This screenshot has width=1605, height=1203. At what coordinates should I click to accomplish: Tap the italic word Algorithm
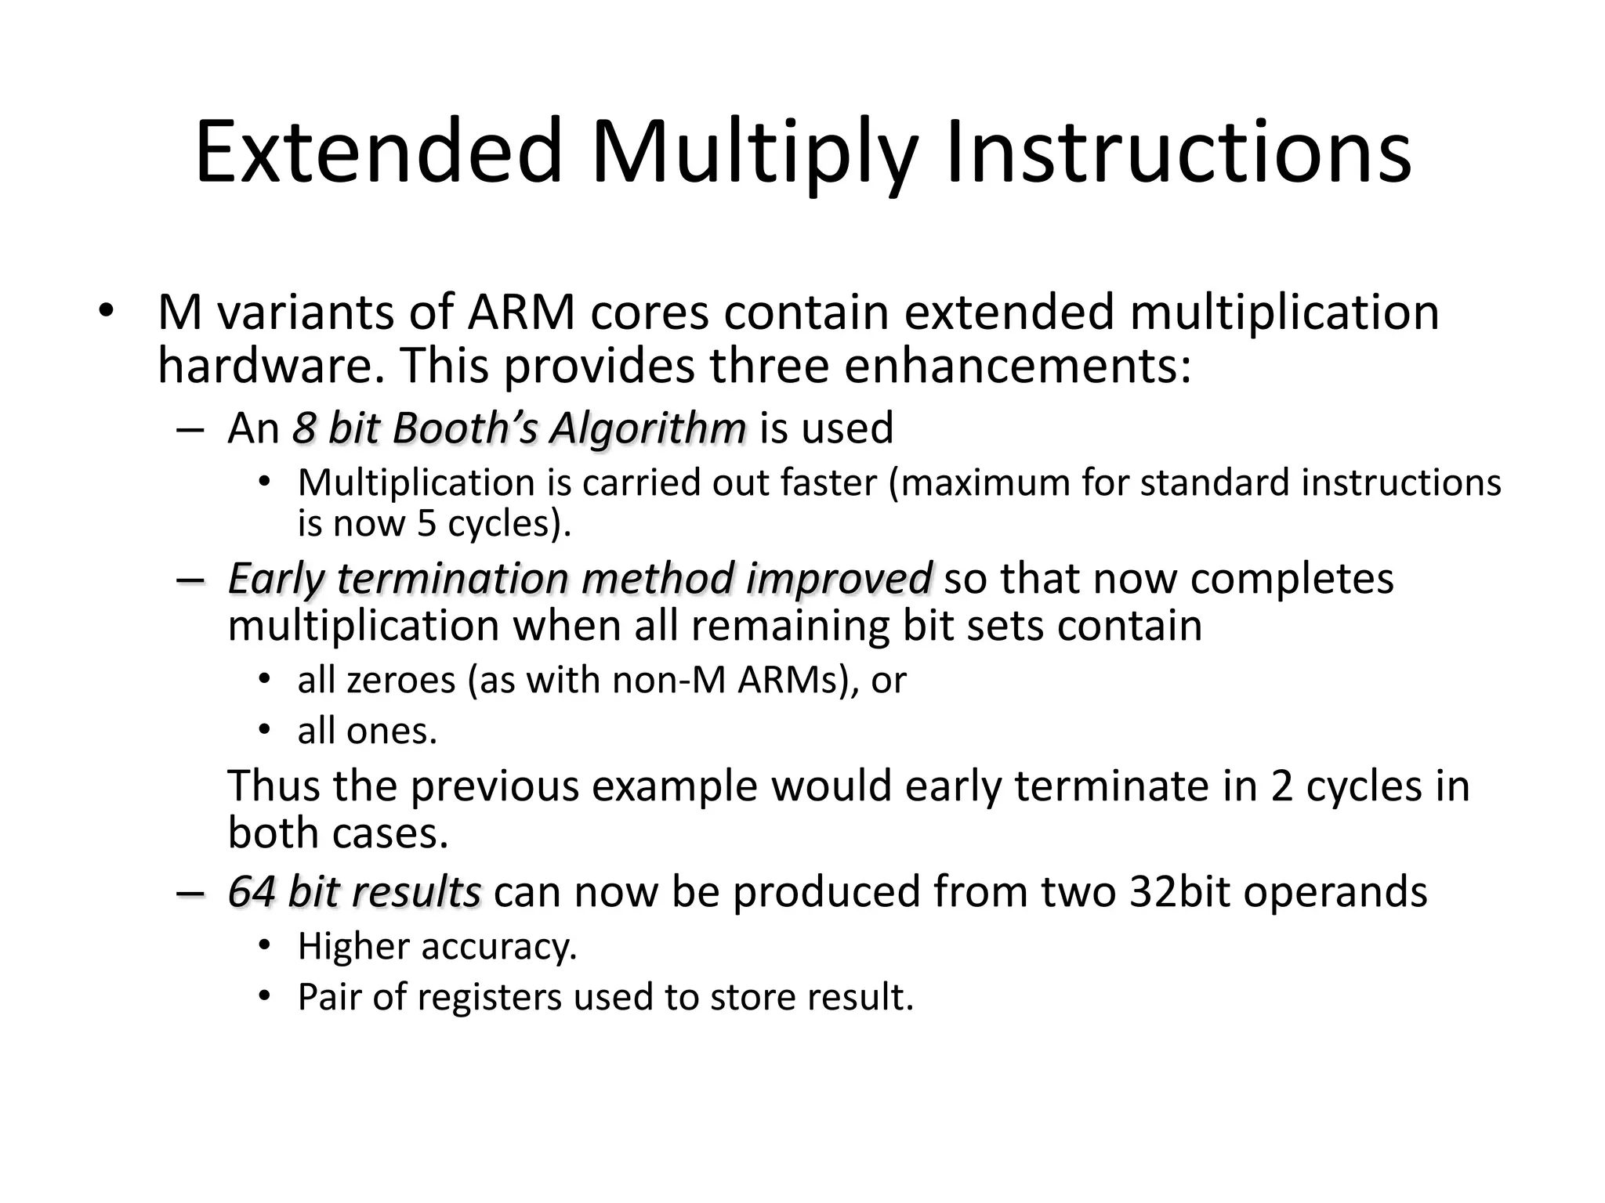(x=647, y=428)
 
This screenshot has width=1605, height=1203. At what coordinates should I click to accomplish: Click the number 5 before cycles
(x=426, y=523)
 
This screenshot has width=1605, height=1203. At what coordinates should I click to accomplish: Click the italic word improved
(x=839, y=579)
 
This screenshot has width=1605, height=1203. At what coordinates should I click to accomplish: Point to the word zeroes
(x=400, y=680)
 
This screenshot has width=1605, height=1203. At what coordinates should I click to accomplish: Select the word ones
(x=391, y=732)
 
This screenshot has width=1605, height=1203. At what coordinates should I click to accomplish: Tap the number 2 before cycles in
(x=1281, y=786)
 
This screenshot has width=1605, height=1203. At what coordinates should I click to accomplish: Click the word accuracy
(x=498, y=946)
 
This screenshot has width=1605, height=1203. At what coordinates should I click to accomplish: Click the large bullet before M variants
(x=106, y=311)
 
